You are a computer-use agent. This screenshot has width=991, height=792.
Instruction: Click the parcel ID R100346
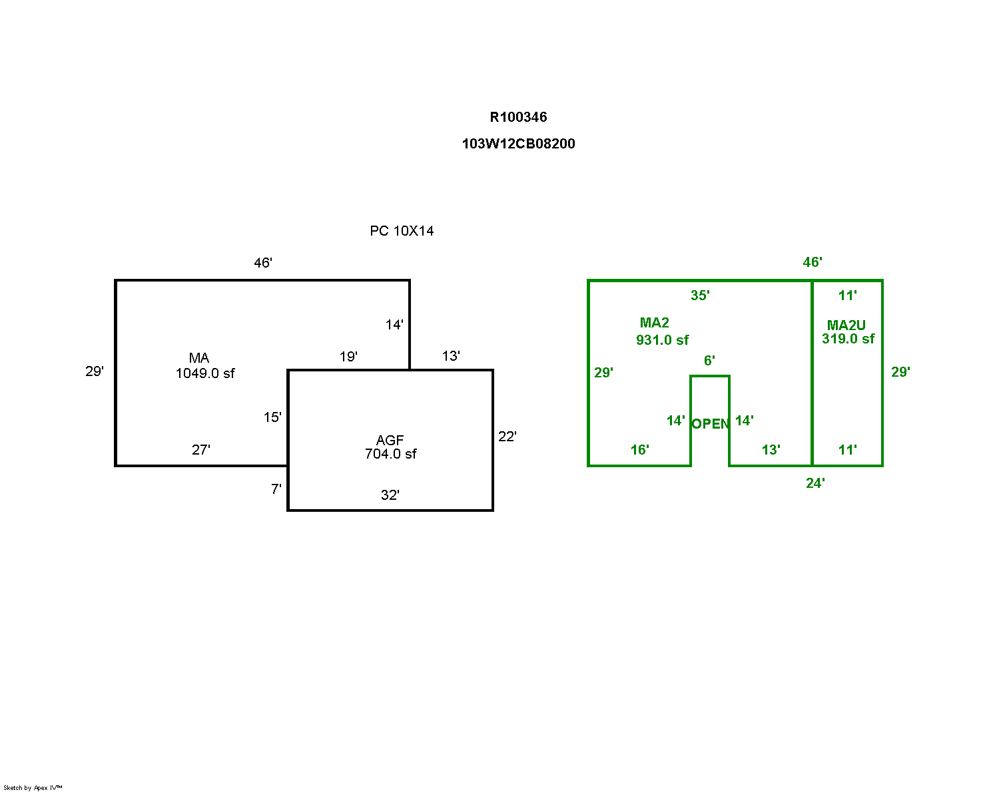click(518, 117)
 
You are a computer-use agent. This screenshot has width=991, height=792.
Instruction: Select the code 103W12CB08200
click(518, 144)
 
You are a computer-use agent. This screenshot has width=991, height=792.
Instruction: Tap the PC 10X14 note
click(402, 231)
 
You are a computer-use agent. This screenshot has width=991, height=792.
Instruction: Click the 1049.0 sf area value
click(205, 373)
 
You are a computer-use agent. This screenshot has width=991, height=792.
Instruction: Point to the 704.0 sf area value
click(390, 454)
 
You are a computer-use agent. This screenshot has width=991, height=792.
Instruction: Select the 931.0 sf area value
click(662, 340)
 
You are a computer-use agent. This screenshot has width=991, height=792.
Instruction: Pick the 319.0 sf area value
click(848, 339)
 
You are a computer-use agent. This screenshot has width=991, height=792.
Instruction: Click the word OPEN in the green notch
click(711, 424)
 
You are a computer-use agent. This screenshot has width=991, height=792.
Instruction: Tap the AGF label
click(390, 440)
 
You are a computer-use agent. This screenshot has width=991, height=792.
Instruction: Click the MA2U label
click(846, 325)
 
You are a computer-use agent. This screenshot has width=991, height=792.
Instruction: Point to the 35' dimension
click(700, 296)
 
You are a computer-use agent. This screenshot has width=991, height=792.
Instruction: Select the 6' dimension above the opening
click(709, 361)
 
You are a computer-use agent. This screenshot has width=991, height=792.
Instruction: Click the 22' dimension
click(507, 437)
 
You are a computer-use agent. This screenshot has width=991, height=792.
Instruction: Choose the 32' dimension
click(390, 495)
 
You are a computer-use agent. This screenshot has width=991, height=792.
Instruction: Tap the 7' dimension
click(276, 489)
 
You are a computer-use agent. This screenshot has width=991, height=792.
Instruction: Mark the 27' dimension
click(200, 450)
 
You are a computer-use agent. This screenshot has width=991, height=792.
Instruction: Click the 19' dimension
click(348, 357)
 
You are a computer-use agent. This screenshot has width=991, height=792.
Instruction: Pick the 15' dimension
click(272, 417)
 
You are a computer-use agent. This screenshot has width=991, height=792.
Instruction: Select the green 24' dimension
click(815, 483)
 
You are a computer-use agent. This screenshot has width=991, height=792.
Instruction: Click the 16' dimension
click(639, 450)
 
